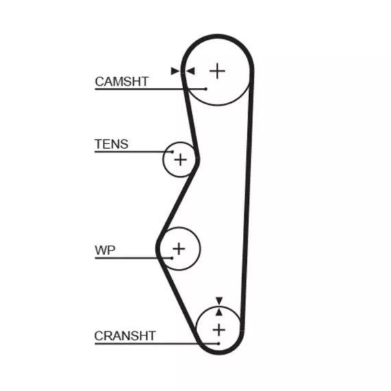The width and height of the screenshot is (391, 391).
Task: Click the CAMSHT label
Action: (121, 82)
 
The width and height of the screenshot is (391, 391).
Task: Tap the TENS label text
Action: (111, 144)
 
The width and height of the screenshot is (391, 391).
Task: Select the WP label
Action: (105, 250)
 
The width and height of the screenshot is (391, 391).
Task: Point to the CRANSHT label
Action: (125, 335)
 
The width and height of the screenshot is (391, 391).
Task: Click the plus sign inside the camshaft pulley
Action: (217, 71)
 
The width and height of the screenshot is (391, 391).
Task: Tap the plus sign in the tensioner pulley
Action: (180, 160)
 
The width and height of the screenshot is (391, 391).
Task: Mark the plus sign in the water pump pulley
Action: (179, 248)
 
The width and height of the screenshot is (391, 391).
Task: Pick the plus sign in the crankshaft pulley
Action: (219, 330)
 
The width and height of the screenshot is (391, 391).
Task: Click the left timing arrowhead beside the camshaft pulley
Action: (175, 71)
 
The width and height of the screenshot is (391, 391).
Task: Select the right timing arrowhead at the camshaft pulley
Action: (191, 71)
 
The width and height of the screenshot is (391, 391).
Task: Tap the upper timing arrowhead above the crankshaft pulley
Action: (220, 300)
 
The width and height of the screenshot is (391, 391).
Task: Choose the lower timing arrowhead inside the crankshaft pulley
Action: (219, 312)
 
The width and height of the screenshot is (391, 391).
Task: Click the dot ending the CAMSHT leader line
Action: (206, 88)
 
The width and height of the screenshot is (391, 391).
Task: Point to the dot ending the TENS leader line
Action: (172, 152)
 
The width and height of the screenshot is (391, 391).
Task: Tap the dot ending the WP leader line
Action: (171, 258)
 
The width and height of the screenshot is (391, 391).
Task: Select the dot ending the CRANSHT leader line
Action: (219, 344)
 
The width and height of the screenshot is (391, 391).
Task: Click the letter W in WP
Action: (101, 250)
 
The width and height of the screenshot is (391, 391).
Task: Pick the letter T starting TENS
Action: (99, 144)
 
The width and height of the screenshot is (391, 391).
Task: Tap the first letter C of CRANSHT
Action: (99, 335)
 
